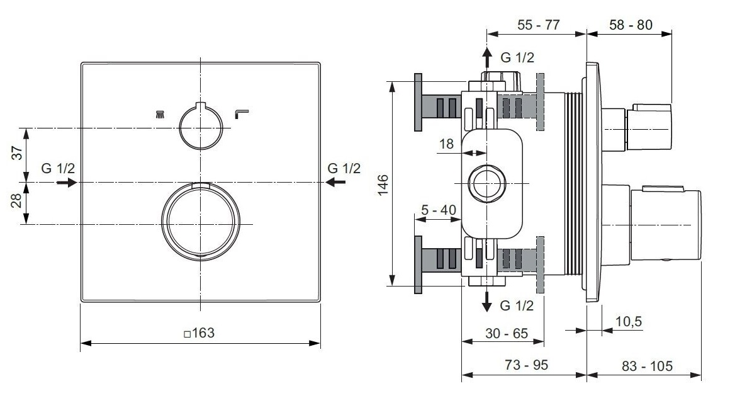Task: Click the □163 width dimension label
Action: click(199, 333)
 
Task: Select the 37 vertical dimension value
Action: click(17, 152)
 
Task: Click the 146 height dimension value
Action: click(383, 185)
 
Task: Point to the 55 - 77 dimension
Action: click(539, 25)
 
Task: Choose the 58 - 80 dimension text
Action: click(631, 25)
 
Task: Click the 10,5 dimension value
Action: click(629, 321)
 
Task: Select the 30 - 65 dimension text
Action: click(507, 333)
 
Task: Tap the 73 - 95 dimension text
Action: click(527, 365)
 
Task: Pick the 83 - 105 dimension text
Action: click(647, 367)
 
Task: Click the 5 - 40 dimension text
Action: click(439, 210)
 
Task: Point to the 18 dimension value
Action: click(446, 144)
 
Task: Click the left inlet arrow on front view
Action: click(67, 183)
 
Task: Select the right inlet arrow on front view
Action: click(335, 182)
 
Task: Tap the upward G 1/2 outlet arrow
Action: click(487, 59)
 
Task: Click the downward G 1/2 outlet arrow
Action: click(487, 300)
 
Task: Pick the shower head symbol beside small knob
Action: click(160, 114)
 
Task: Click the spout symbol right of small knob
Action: click(241, 113)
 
